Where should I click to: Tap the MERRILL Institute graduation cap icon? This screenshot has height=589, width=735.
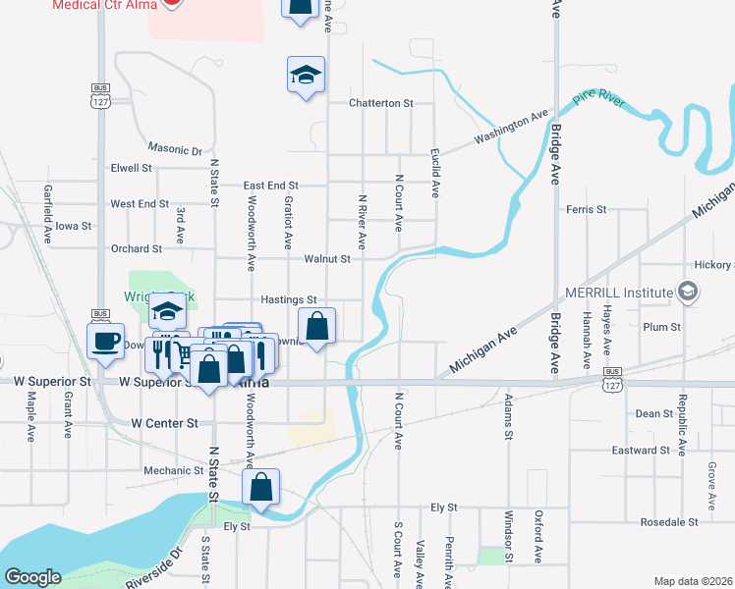tap(688, 292)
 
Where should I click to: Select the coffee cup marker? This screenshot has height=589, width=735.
tap(105, 340)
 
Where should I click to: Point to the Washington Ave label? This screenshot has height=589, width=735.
tap(510, 129)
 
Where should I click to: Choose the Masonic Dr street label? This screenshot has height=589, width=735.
tap(174, 150)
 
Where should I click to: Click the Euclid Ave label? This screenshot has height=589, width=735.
tap(433, 173)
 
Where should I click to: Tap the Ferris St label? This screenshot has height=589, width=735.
tap(587, 209)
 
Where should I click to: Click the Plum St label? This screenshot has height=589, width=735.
tap(654, 326)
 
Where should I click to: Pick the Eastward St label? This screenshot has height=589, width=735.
tap(641, 451)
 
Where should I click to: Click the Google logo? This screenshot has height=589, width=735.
tap(32, 576)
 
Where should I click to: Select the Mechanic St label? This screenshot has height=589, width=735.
tap(173, 471)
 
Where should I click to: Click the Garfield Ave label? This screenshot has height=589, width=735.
tap(46, 214)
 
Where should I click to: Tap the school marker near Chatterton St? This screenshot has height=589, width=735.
tap(306, 75)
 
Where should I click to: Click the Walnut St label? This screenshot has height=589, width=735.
tap(327, 259)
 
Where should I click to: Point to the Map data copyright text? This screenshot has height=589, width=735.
tap(693, 581)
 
